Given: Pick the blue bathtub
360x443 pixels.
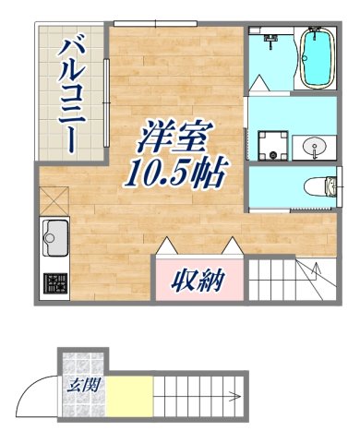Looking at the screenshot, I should coord(317,57).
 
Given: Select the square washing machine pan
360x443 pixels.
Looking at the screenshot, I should coord(270,144).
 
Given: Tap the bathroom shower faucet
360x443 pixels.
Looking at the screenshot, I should coord(270,40).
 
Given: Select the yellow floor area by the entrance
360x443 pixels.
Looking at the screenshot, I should coord(127,398).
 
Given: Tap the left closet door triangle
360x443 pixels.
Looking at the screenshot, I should coord(169,246).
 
